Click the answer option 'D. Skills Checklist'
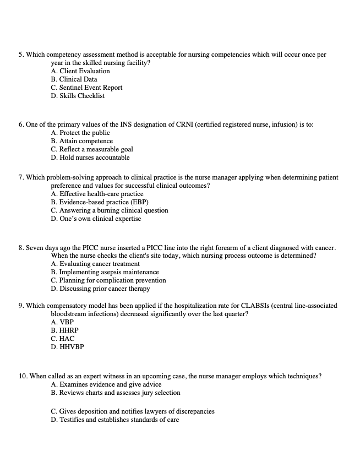click(77, 96)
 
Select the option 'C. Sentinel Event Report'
click(86, 88)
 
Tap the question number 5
click(20, 55)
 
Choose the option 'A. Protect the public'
click(80, 133)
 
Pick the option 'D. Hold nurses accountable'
click(90, 158)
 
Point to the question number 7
click(20, 177)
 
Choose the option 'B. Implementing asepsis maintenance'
click(105, 272)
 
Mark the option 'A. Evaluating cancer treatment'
click(95, 264)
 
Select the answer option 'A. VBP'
click(62, 322)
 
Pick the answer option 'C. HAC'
click(62, 339)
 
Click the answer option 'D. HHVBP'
click(67, 347)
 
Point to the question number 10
click(23, 376)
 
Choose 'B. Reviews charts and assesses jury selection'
click(115, 393)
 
